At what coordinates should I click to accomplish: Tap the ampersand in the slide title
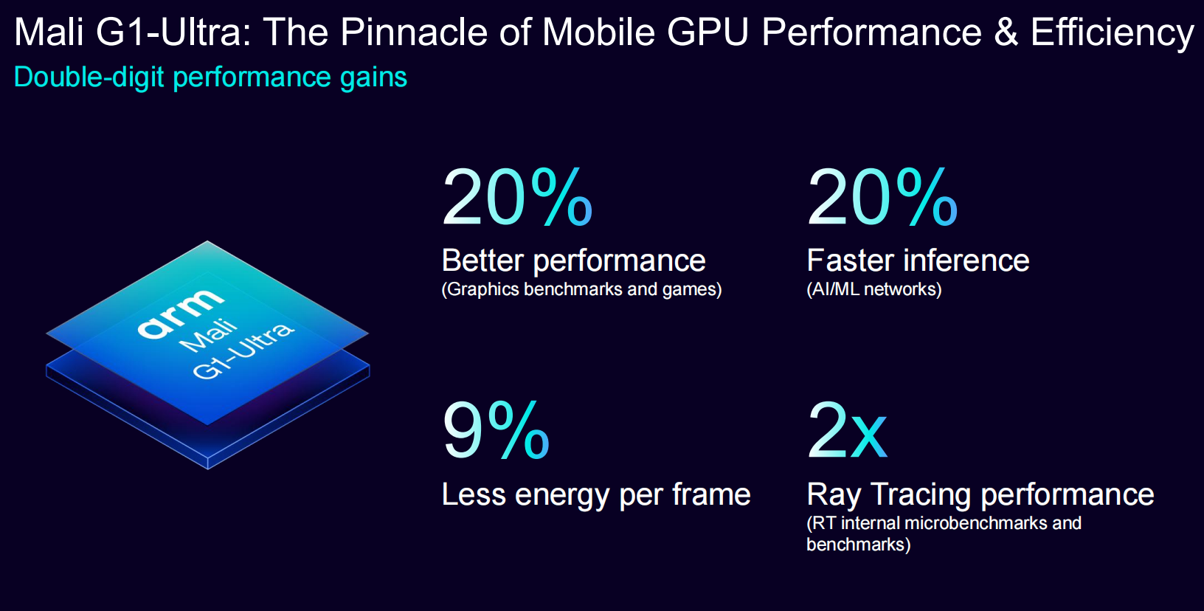[1006, 32]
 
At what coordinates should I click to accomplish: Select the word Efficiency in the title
[1112, 34]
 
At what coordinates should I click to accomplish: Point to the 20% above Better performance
[517, 197]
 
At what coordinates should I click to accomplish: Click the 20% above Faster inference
[882, 197]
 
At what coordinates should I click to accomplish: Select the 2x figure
[847, 431]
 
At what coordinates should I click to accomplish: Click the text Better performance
[573, 260]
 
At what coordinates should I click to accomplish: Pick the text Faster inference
[918, 260]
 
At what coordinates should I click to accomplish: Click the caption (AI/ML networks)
[873, 289]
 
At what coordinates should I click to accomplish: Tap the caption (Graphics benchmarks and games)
[581, 289]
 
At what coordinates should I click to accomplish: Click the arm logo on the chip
[181, 313]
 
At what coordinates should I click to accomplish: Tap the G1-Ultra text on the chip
[243, 351]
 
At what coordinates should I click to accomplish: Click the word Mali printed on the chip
[209, 336]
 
